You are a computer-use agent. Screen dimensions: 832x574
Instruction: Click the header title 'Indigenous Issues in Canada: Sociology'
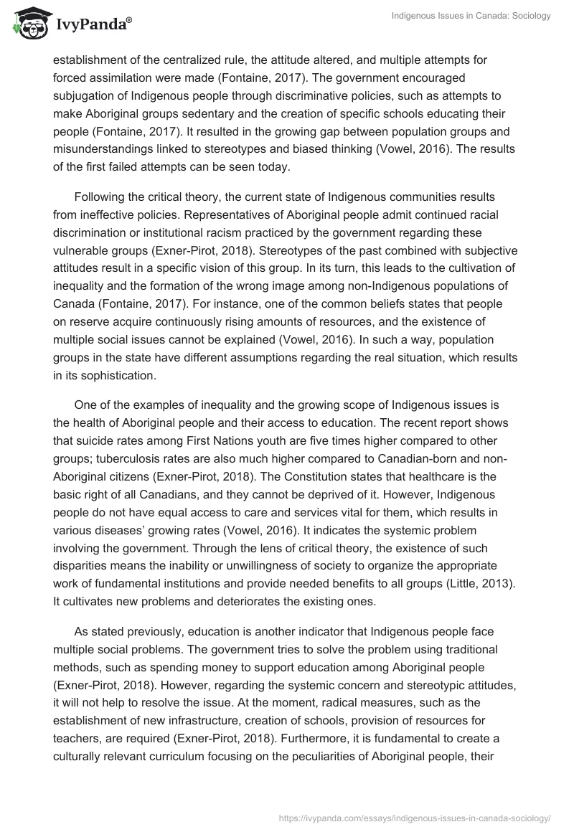pos(471,16)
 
